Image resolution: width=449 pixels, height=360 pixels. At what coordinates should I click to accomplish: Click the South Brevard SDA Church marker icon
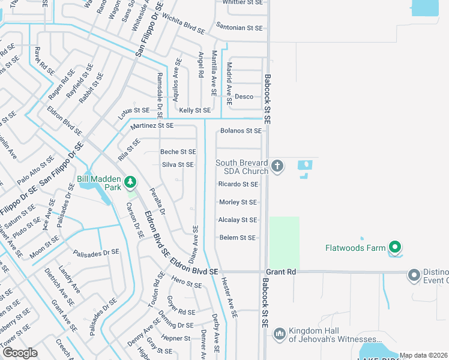[x=277, y=166]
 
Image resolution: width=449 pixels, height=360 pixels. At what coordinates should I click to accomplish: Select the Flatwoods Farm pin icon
[x=394, y=247]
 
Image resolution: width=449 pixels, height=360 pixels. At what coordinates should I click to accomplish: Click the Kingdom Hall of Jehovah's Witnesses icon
[x=279, y=334]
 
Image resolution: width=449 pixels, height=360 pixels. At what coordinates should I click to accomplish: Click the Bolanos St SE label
[x=241, y=130]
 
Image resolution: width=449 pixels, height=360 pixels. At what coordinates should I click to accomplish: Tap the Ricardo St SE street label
[x=238, y=184]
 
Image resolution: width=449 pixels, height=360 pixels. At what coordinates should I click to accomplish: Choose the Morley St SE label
[x=238, y=202]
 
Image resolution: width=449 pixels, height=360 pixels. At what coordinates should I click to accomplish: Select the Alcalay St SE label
[x=238, y=220]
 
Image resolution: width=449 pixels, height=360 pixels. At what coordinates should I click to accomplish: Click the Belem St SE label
[x=238, y=238]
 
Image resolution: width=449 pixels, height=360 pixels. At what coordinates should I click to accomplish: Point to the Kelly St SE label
[x=195, y=110]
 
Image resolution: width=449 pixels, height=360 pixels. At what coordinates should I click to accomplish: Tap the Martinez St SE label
[x=151, y=125]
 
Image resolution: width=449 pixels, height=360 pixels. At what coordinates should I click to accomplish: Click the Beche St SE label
[x=178, y=152]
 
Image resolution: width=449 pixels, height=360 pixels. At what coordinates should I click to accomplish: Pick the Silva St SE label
[x=178, y=164]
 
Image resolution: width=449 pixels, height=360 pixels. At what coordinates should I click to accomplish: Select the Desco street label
[x=244, y=96]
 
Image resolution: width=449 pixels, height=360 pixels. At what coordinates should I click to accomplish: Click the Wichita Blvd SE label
[x=183, y=26]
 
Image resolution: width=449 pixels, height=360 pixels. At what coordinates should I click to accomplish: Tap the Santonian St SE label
[x=240, y=28]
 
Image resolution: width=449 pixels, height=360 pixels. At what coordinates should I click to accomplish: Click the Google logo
[x=20, y=353]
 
